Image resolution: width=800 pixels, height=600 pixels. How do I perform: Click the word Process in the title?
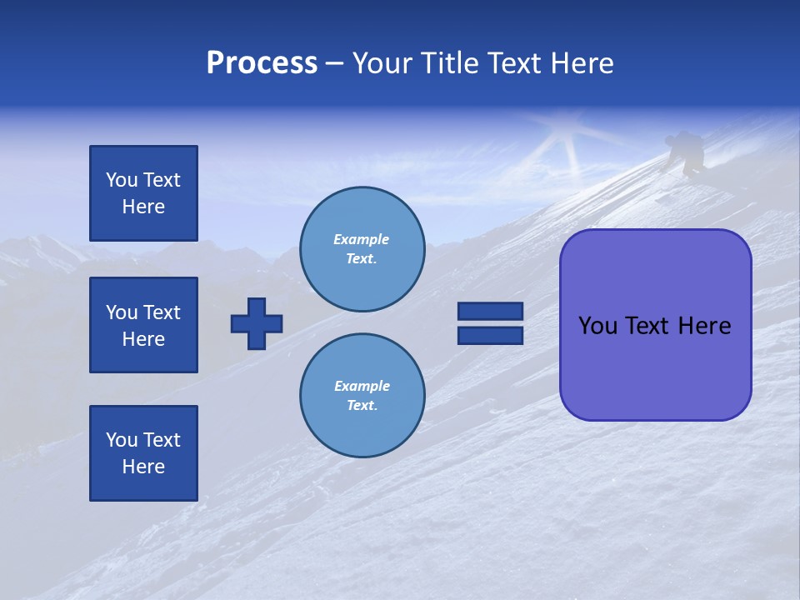pyautogui.click(x=262, y=63)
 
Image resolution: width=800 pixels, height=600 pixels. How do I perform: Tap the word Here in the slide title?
pyautogui.click(x=581, y=63)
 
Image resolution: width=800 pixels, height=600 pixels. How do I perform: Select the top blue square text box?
pyautogui.click(x=143, y=193)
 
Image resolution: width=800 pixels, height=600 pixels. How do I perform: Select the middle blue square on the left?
pyautogui.click(x=143, y=325)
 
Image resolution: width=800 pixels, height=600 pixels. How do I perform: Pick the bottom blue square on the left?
pyautogui.click(x=143, y=453)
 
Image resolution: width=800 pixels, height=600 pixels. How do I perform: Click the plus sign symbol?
pyautogui.click(x=257, y=323)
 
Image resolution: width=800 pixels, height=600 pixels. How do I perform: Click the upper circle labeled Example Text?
pyautogui.click(x=362, y=249)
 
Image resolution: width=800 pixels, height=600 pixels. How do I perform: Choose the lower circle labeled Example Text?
pyautogui.click(x=362, y=396)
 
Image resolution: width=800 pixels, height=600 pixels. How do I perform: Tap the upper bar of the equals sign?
pyautogui.click(x=490, y=312)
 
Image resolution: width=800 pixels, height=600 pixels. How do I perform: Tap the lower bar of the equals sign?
pyautogui.click(x=490, y=335)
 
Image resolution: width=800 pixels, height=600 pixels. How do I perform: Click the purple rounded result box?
pyautogui.click(x=656, y=325)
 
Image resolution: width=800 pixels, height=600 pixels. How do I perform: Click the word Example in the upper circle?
pyautogui.click(x=362, y=239)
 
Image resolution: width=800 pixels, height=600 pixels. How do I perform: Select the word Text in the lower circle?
pyautogui.click(x=361, y=406)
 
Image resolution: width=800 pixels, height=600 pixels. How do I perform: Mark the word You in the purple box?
pyautogui.click(x=597, y=326)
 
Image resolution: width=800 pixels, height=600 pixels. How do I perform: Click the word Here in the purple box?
pyautogui.click(x=704, y=326)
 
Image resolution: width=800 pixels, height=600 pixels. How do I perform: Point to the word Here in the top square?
pyautogui.click(x=143, y=207)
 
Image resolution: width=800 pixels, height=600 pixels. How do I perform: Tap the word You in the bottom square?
pyautogui.click(x=122, y=440)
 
